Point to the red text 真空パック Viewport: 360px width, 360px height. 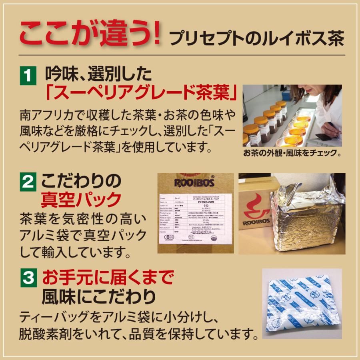click(81, 200)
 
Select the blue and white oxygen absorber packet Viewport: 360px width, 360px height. click(302, 303)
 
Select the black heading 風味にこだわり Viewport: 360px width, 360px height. click(98, 296)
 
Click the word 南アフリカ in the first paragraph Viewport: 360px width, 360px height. click(48, 116)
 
